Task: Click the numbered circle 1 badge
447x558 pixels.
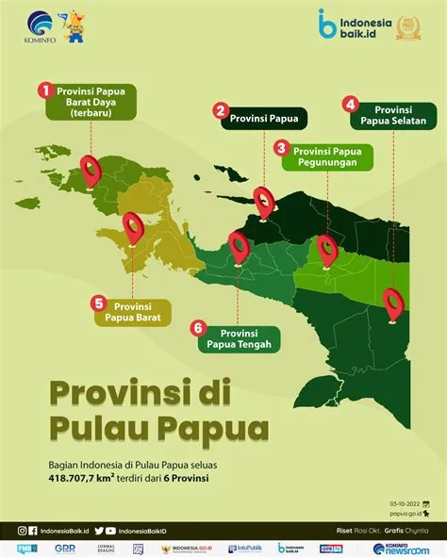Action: (43, 90)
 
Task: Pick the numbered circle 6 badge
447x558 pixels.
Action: (197, 328)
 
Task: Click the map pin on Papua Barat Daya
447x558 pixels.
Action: (91, 169)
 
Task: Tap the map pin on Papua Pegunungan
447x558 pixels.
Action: (327, 249)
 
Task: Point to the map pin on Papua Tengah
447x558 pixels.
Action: (240, 247)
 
